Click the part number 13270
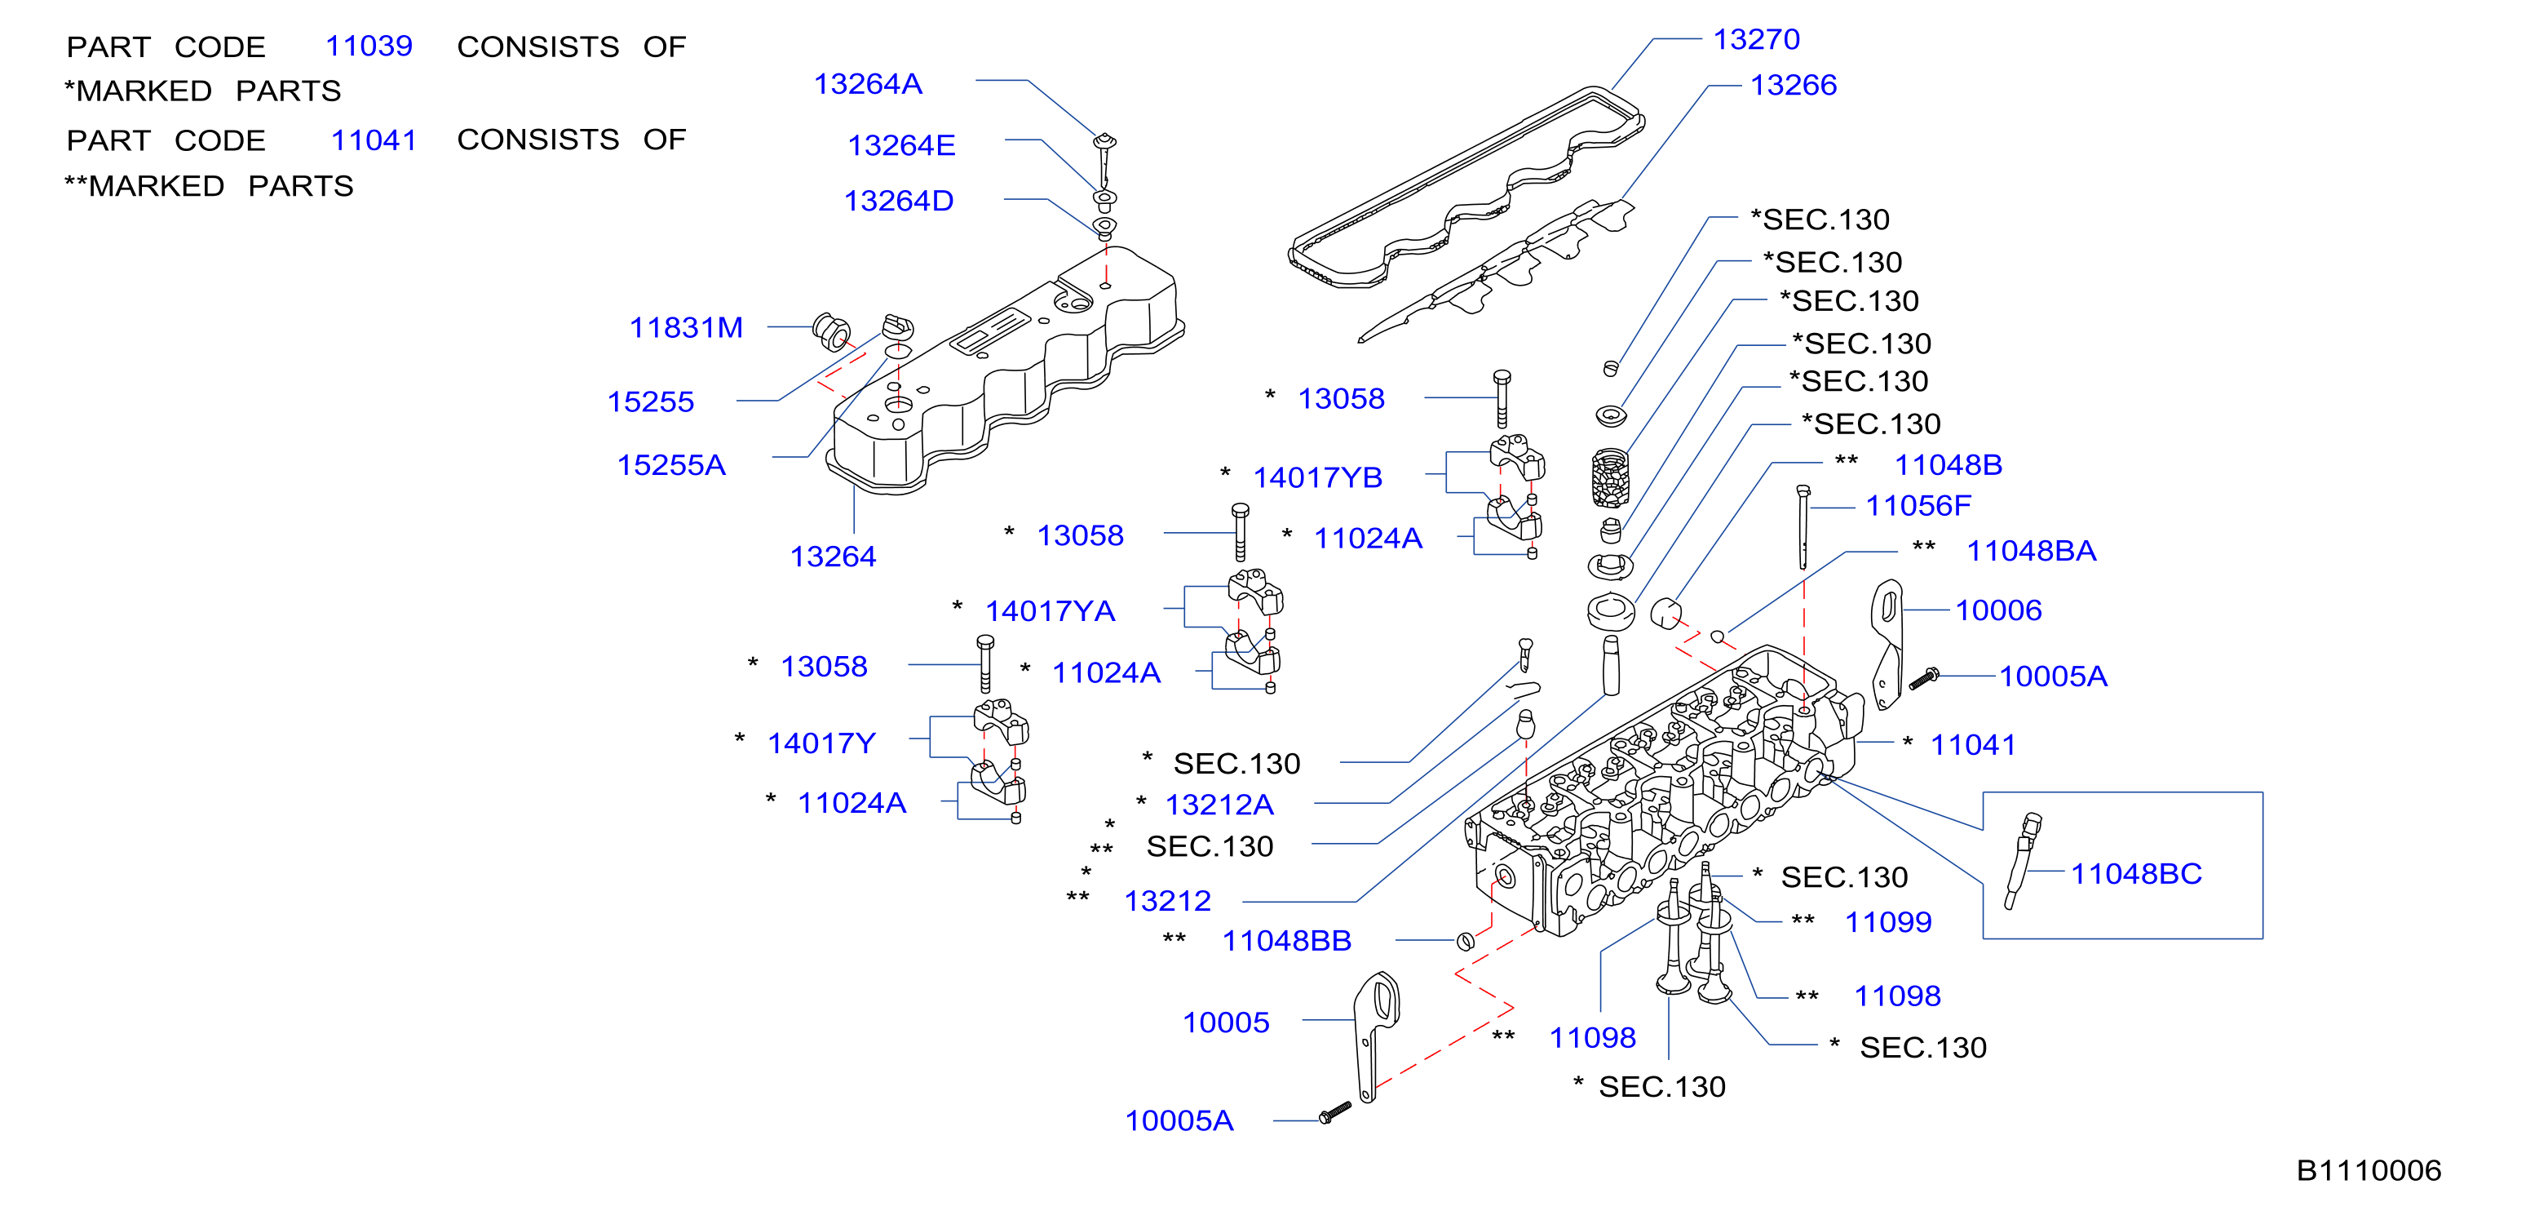[1756, 39]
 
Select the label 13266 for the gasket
[1793, 85]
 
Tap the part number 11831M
[686, 327]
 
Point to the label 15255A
[671, 464]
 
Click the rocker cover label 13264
[833, 557]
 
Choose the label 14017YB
[1318, 477]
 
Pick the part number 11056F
[1918, 505]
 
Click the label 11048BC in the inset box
[2136, 874]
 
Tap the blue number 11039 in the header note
[369, 46]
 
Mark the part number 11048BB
[1286, 941]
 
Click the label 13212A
[1219, 805]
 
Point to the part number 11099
[1887, 922]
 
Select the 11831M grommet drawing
[832, 332]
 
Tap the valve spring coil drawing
[1611, 478]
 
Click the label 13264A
[867, 84]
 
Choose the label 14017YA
[1050, 611]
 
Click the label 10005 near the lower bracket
[1225, 1022]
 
